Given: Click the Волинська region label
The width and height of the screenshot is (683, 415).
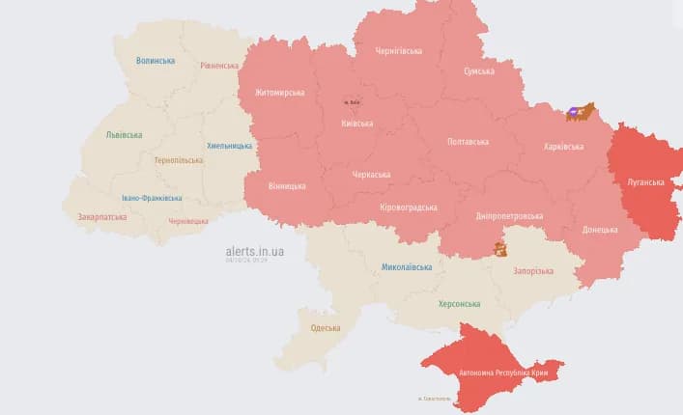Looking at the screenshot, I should [x=156, y=60].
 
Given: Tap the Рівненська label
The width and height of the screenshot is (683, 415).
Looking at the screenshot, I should [x=219, y=66].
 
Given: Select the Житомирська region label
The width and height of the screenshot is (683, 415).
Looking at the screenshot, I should [x=279, y=93].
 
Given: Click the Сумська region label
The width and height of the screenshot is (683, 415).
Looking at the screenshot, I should [x=478, y=71].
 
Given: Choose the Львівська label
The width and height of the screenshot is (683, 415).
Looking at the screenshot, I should [x=124, y=135].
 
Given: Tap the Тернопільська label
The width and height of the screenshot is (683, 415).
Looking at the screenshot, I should [x=179, y=160].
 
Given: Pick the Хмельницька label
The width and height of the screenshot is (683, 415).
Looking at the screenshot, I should [x=229, y=146].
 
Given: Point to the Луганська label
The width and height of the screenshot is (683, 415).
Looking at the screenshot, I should [x=645, y=181].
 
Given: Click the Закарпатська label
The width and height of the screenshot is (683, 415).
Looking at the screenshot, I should [x=101, y=217].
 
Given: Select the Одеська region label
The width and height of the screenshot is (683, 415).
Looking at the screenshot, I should [x=325, y=328].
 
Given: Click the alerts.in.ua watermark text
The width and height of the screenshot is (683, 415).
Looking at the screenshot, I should [x=254, y=251].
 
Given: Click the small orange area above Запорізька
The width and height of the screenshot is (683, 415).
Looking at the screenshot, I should [x=499, y=249].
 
